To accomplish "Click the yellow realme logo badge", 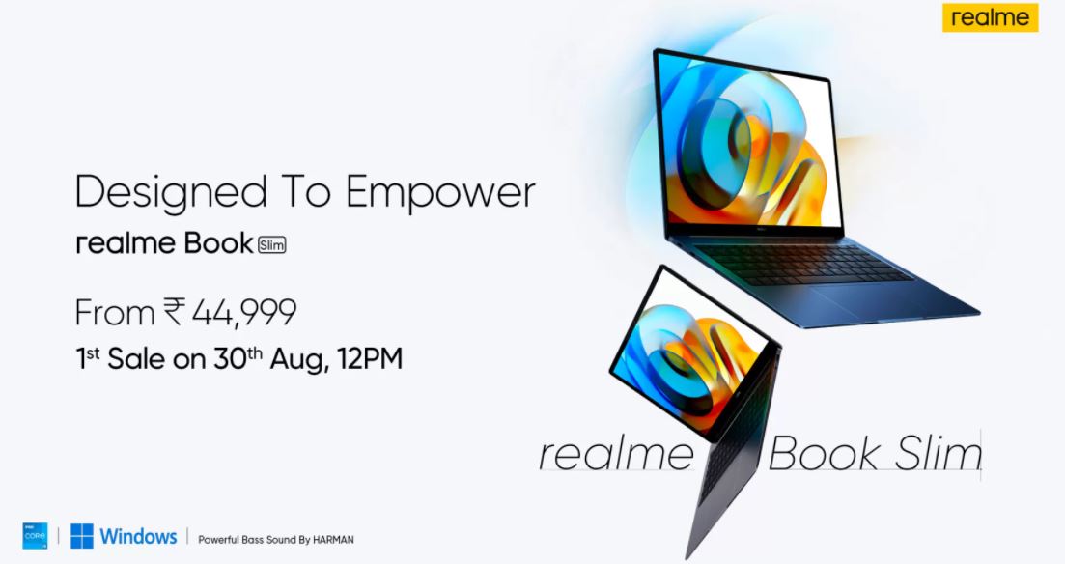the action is click(x=990, y=17).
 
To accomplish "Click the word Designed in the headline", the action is click(x=171, y=193).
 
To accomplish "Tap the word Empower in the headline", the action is click(x=440, y=193).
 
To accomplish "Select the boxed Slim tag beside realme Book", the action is click(x=271, y=244).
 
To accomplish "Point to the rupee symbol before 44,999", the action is click(x=174, y=312).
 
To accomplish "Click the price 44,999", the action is click(x=244, y=313).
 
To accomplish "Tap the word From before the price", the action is click(x=115, y=313).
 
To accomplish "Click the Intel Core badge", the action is click(x=36, y=536).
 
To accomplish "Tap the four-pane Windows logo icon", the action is click(x=82, y=536).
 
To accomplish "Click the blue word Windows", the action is click(x=139, y=536).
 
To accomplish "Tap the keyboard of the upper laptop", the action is click(x=801, y=263).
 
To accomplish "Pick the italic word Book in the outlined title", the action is click(x=826, y=453).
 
